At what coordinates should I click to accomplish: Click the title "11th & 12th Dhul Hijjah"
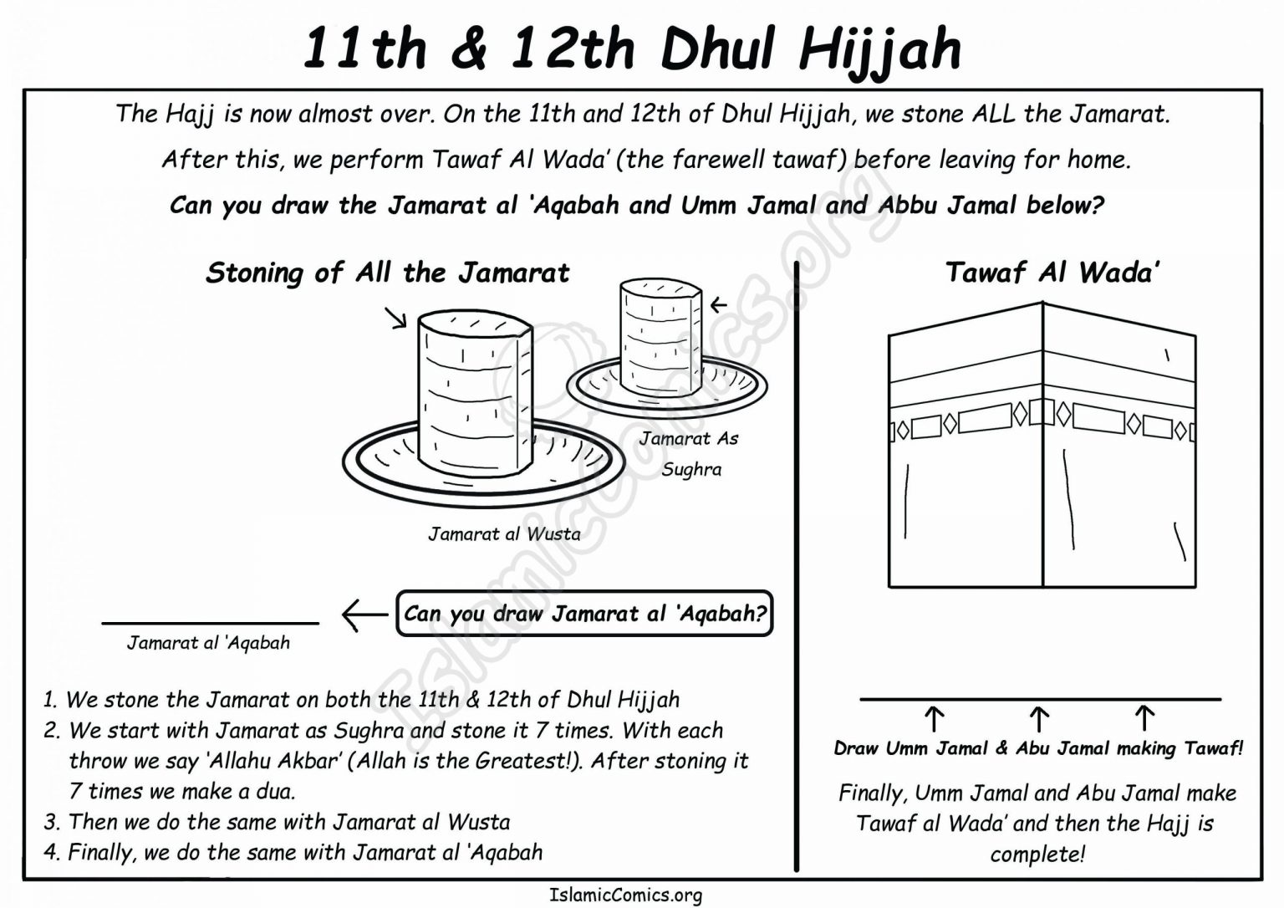tap(631, 48)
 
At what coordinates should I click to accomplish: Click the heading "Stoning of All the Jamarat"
tap(387, 273)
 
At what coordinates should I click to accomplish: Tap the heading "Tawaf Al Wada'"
tap(1052, 273)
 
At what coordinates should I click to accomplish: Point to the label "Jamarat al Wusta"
tap(504, 534)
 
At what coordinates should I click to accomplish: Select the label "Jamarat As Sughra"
tap(690, 453)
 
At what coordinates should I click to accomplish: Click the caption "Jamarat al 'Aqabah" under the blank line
tap(208, 643)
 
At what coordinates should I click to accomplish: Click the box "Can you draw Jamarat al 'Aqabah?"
tap(584, 614)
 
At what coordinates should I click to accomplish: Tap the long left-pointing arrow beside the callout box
tap(364, 615)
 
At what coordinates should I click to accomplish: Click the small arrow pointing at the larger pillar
tap(395, 318)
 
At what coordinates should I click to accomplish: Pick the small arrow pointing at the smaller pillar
tap(718, 305)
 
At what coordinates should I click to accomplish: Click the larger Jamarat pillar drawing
tap(474, 393)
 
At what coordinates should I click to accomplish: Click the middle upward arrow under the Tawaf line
tap(1038, 719)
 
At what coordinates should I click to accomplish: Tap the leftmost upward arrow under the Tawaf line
tap(934, 719)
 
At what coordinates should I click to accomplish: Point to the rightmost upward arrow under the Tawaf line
tap(1144, 719)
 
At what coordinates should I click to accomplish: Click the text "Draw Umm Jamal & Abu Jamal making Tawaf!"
tap(1038, 749)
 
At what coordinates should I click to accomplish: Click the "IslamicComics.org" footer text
tap(626, 895)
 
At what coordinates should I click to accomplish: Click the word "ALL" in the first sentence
tap(994, 114)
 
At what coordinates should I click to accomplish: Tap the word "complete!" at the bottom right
tap(1037, 854)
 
